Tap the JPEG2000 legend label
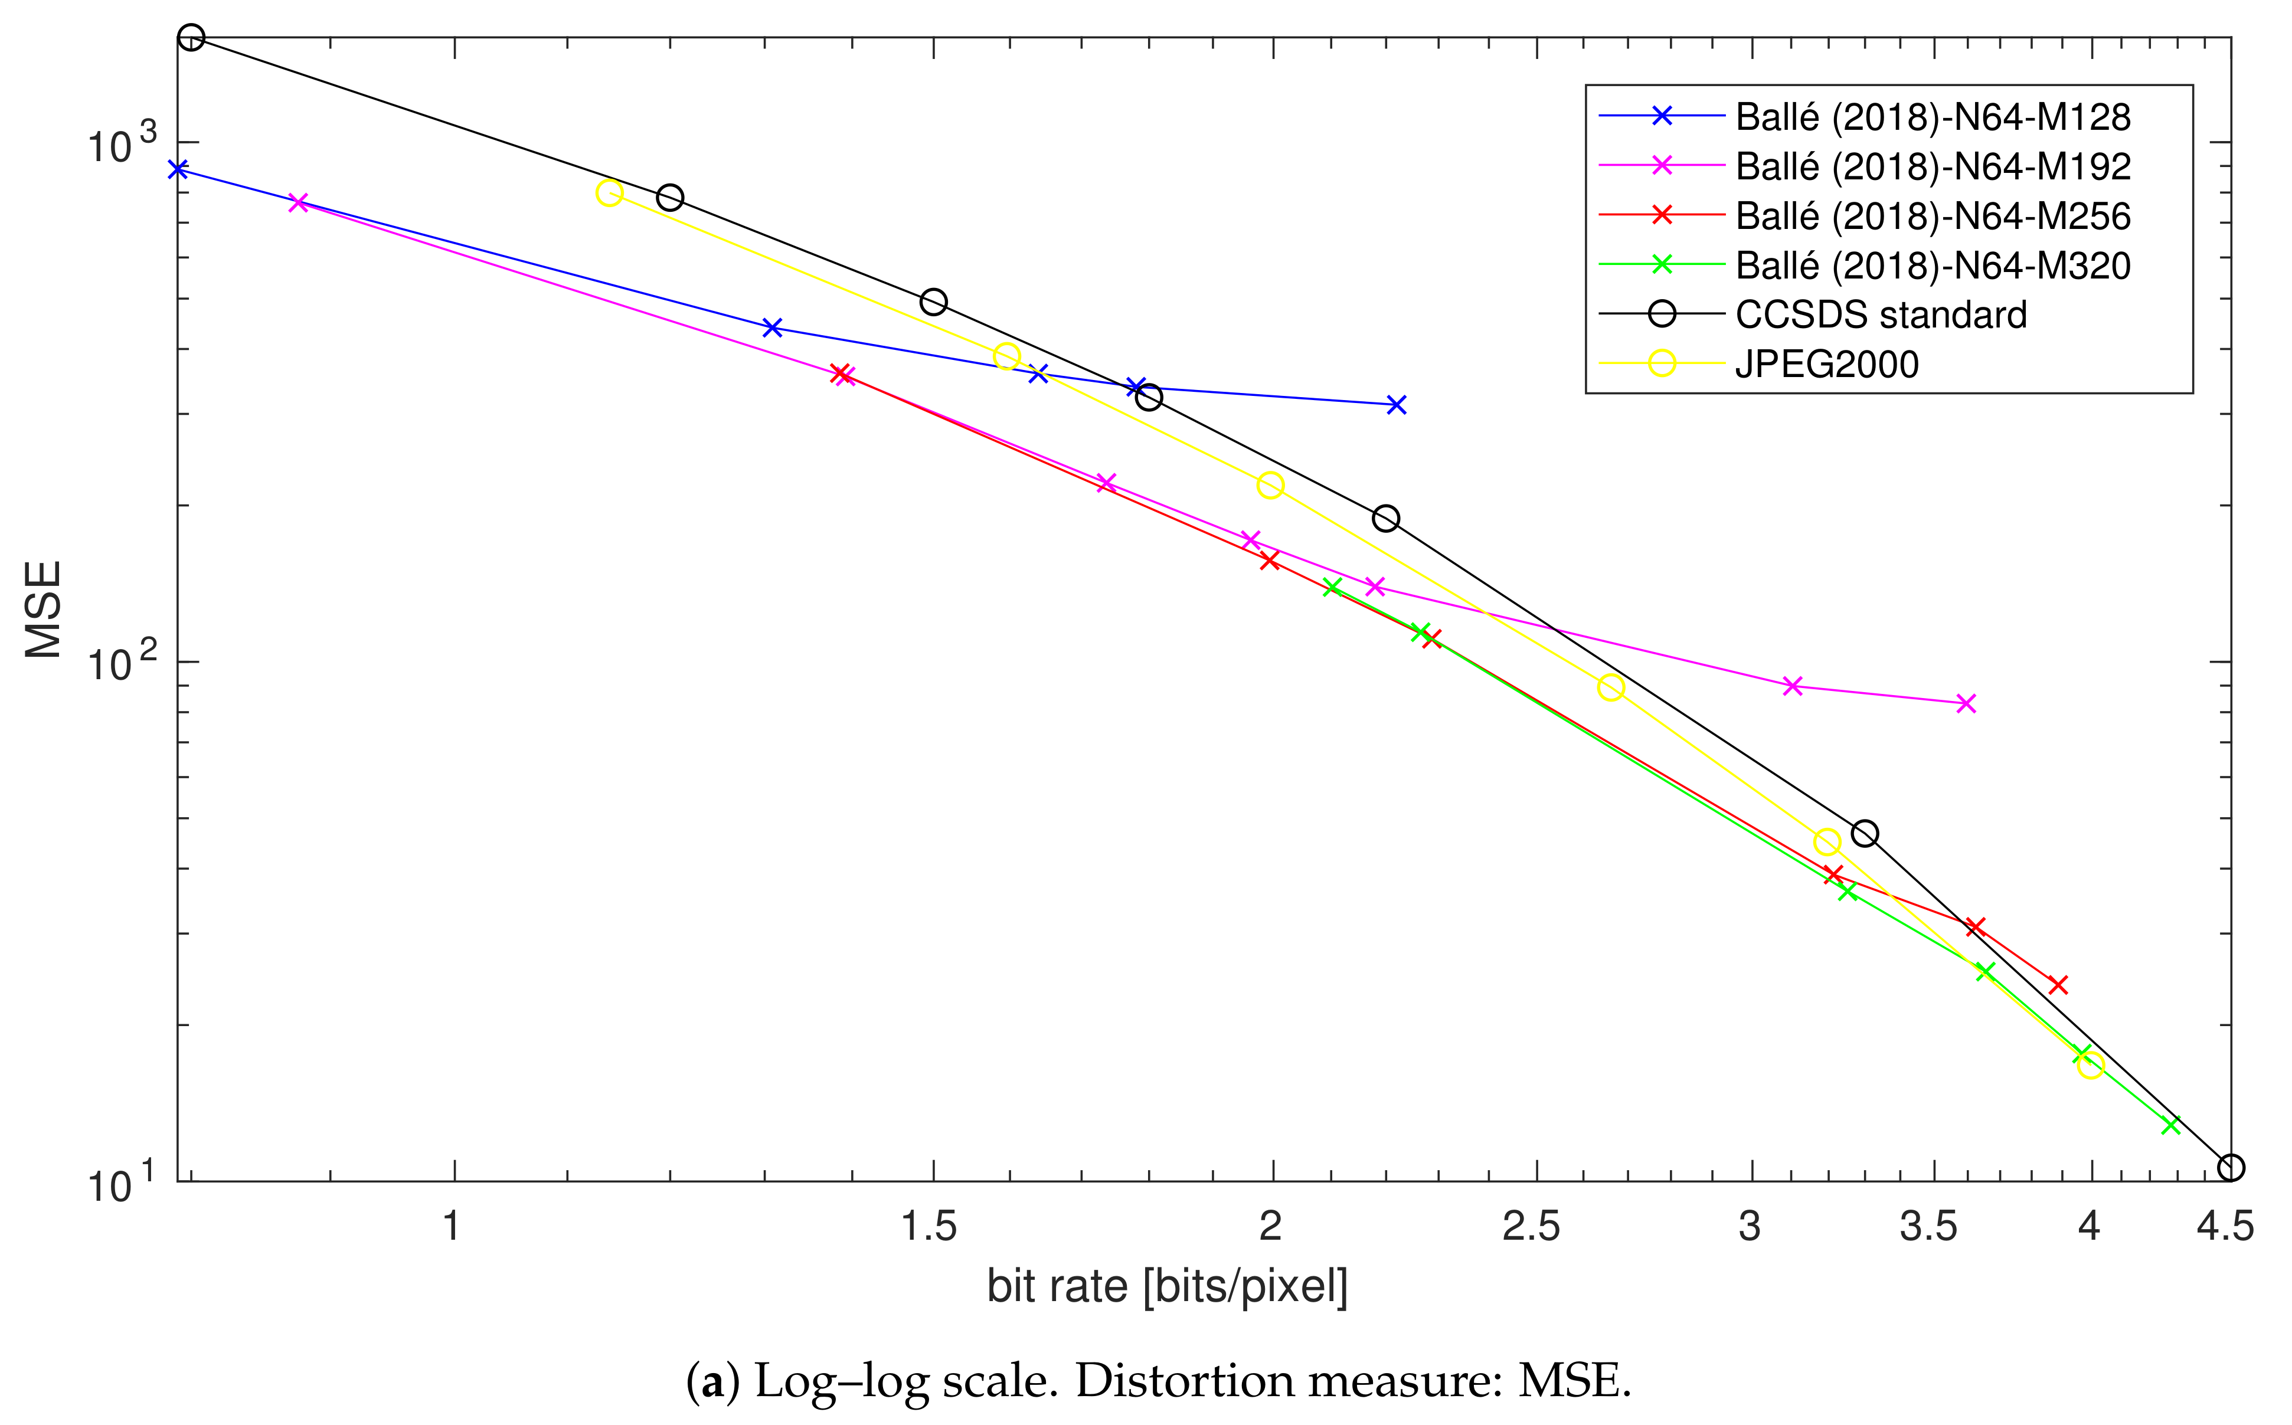(1826, 365)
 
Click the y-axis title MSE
(43, 609)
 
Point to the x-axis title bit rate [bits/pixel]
(1167, 1286)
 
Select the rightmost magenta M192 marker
(1966, 703)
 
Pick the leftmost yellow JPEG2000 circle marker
(609, 192)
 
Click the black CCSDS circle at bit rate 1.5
(933, 302)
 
